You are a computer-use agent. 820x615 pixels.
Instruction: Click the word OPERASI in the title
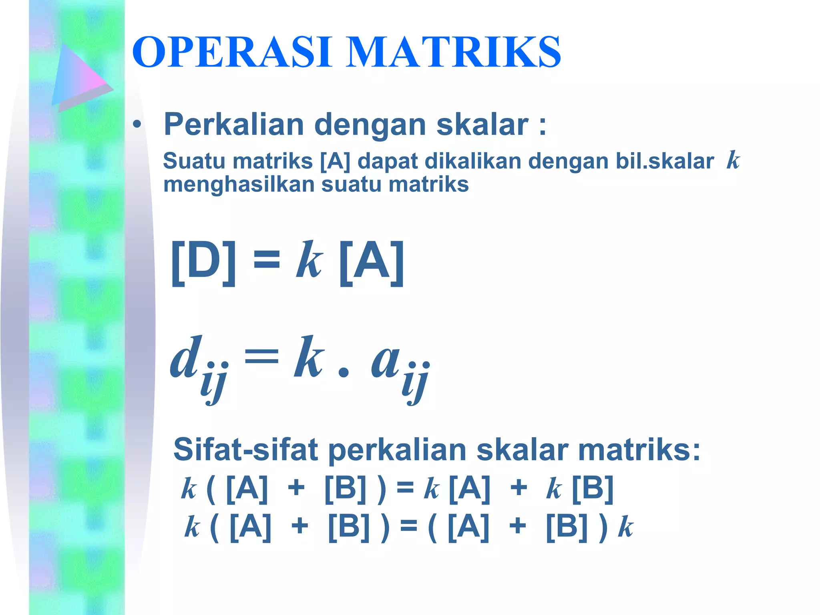(x=232, y=52)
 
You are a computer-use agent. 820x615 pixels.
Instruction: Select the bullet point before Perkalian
(x=137, y=125)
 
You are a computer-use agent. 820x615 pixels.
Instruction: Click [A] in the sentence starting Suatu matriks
(x=335, y=161)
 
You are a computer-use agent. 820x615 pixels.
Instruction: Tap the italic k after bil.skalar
(x=732, y=160)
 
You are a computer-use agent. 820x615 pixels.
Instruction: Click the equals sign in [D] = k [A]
(x=267, y=259)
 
